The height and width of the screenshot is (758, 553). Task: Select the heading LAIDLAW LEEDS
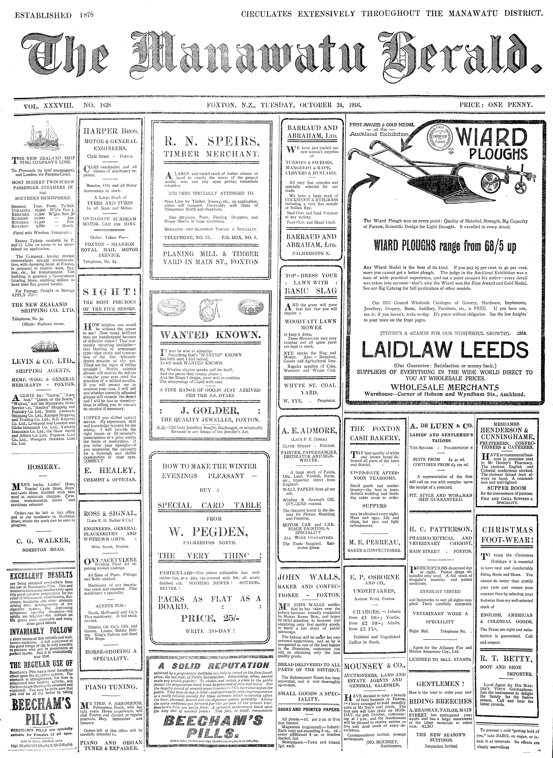[x=445, y=350]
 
